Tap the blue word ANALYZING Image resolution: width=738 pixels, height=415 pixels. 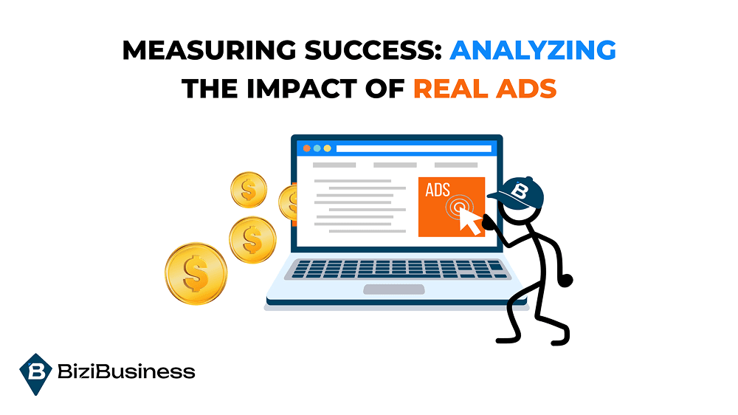click(532, 51)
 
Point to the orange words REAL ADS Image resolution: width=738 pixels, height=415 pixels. click(484, 88)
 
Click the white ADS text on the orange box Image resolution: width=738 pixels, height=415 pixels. click(438, 190)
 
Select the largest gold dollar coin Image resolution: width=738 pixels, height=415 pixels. click(196, 273)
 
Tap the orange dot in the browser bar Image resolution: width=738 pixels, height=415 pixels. click(306, 148)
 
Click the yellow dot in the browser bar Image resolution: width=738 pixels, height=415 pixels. click(327, 148)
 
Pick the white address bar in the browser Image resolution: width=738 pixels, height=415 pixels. click(413, 148)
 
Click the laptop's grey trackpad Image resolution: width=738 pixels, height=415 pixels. click(393, 289)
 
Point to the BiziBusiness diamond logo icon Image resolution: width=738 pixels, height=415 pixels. click(35, 371)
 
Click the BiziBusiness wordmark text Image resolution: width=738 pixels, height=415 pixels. click(126, 371)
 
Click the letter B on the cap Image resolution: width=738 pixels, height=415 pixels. click(521, 191)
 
